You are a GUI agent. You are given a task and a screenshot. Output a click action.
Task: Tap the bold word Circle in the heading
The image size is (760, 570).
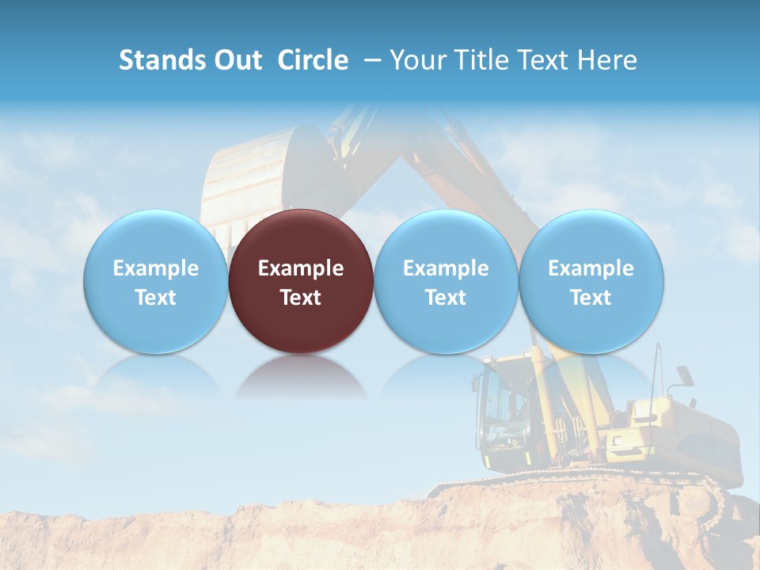coord(313,60)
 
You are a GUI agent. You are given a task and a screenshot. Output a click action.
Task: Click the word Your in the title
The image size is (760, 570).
coord(416,60)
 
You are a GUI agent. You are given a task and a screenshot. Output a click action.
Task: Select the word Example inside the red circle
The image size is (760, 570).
coord(301,268)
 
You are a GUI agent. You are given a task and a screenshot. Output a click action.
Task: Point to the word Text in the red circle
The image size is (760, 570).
coord(301,298)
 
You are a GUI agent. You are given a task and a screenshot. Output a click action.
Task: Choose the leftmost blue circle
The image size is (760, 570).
coord(155,281)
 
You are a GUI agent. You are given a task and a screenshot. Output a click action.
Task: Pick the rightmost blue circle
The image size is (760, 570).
coord(591,281)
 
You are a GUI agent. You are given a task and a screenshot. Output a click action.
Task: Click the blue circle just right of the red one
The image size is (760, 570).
coord(446,281)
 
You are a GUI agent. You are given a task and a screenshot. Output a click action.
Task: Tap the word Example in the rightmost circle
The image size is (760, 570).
coord(591,268)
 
